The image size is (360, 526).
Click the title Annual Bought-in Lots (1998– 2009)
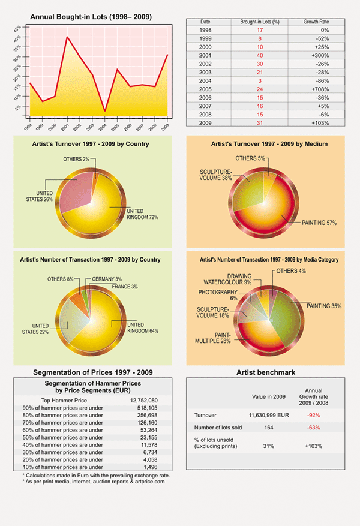tap(90, 17)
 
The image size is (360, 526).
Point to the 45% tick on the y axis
tap(17, 28)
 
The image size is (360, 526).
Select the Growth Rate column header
tap(316, 22)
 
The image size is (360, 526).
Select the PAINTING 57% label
tap(319, 223)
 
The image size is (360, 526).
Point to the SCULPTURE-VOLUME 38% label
tap(215, 175)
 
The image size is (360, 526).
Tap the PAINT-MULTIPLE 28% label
tap(213, 338)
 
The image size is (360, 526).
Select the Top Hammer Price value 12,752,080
tap(143, 399)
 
